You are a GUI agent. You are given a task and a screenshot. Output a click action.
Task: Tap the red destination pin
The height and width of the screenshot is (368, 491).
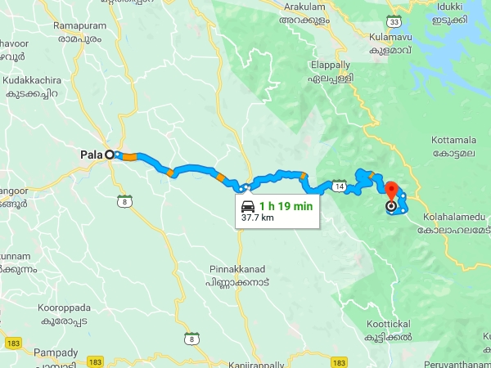coord(391,190)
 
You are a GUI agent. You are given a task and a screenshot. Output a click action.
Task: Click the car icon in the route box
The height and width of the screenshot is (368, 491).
coord(247,206)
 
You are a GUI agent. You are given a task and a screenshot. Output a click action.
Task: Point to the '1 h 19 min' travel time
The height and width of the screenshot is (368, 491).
coord(286,206)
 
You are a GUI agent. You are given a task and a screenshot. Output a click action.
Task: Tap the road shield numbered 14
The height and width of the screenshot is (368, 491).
coord(339,186)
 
